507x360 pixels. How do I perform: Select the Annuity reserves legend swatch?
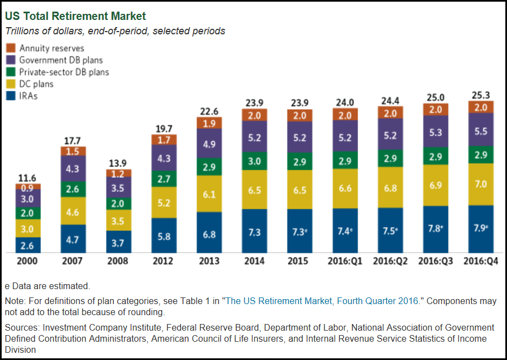[x=11, y=48]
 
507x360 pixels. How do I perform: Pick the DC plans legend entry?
[x=37, y=84]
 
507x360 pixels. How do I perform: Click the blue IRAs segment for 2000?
[x=27, y=244]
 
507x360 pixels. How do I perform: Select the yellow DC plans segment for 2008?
[x=118, y=220]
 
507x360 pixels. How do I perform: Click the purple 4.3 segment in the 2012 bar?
[x=163, y=157]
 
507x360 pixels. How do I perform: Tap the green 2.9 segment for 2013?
[x=209, y=166]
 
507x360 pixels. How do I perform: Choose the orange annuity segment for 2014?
[x=254, y=115]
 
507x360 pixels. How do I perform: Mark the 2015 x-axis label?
[x=299, y=261]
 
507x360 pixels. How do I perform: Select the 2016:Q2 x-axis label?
[x=390, y=261]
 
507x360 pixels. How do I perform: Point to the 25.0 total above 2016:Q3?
[x=435, y=97]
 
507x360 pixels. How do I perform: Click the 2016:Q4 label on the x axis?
[x=480, y=261]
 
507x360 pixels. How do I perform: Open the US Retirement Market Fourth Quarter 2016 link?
[x=323, y=301]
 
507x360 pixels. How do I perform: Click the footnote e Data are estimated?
[x=47, y=286]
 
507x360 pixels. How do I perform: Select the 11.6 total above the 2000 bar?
[x=27, y=178]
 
